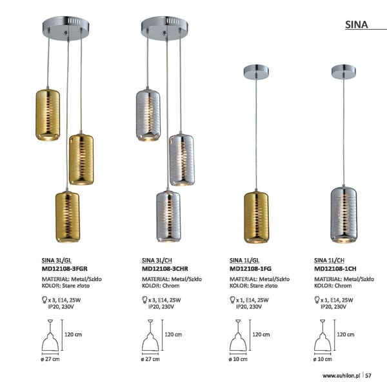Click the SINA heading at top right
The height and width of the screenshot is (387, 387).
357,25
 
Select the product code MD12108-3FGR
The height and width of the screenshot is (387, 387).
64,268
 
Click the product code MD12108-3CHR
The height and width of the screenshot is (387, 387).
165,268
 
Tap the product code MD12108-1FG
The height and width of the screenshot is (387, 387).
250,268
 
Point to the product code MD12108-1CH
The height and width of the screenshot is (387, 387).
335,268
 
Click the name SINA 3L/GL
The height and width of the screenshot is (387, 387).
57,261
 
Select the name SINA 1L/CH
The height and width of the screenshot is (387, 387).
329,261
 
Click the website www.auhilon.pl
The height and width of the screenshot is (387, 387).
341,375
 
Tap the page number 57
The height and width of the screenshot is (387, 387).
368,375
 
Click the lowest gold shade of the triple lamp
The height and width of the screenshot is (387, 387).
67,217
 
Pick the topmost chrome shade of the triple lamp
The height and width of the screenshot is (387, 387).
148,115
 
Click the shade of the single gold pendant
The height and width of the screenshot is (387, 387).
256,217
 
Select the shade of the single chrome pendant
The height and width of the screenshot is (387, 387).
344,215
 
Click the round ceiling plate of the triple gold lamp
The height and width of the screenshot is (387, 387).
66,28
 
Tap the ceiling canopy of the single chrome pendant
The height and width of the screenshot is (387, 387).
344,72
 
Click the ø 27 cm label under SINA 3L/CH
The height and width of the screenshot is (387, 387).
150,359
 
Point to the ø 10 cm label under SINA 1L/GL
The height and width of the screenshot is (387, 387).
238,359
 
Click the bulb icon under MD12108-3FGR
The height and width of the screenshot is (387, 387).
45,300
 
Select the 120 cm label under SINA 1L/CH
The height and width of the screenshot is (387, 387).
346,334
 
